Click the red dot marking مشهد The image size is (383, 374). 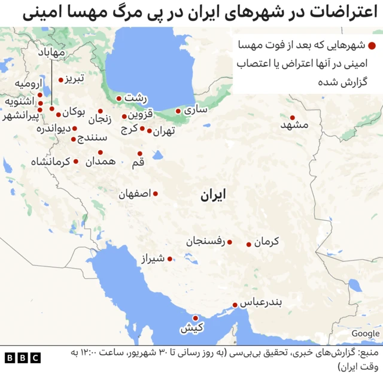293,118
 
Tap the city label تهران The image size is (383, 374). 163,131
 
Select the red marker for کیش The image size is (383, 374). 195,318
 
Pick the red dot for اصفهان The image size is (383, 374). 156,193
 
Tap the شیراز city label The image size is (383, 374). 153,259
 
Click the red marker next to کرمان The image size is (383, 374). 249,244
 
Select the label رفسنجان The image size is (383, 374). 205,242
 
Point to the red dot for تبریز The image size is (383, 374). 60,80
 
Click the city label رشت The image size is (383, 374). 135,98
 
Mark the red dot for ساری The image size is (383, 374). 178,111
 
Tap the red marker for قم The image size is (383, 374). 139,154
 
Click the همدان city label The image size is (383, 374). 100,162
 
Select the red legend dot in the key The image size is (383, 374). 372,45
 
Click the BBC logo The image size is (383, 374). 23,358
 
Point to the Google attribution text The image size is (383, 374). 365,333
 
